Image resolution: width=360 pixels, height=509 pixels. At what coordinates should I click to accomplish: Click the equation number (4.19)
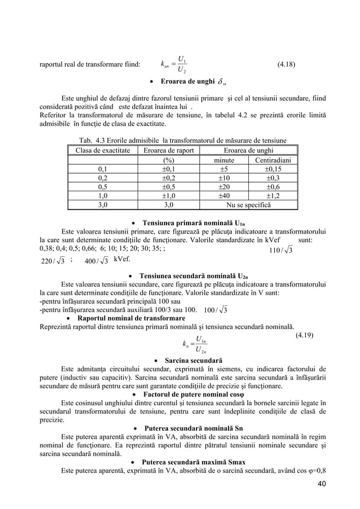click(x=307, y=335)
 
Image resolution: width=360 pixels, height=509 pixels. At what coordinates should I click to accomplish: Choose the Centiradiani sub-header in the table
click(x=273, y=160)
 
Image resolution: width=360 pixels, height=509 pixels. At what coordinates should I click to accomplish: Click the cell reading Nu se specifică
click(x=248, y=205)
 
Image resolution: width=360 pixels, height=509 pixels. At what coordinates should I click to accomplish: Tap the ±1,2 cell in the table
click(x=273, y=196)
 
